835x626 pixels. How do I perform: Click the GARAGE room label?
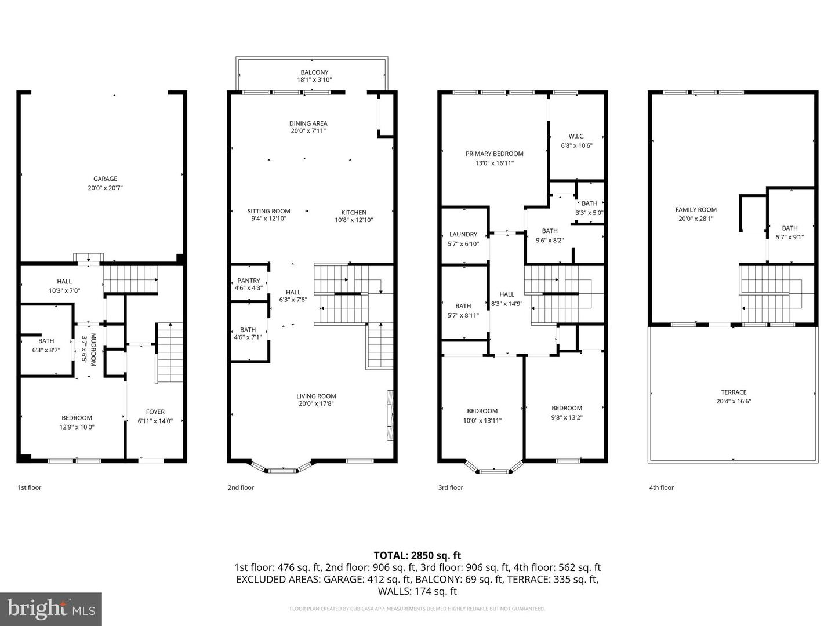[x=105, y=179]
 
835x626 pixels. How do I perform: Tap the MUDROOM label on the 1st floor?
[x=92, y=350]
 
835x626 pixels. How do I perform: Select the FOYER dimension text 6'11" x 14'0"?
[x=155, y=421]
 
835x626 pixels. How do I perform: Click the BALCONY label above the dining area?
[x=314, y=72]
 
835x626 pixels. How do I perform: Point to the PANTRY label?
[x=248, y=281]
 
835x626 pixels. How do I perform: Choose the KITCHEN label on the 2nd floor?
[x=353, y=213]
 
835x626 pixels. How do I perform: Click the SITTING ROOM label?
[x=268, y=212]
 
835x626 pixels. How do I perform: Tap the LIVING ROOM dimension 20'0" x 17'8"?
[x=316, y=404]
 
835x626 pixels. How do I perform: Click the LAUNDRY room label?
[x=463, y=235]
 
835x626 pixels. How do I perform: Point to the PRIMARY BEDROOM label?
[x=494, y=154]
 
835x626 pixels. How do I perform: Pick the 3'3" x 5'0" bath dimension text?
[x=589, y=213]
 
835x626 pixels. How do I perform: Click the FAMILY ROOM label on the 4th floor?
[x=696, y=210]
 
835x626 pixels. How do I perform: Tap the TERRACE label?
[x=734, y=392]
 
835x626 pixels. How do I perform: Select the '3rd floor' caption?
[x=451, y=487]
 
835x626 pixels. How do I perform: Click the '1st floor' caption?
[x=30, y=487]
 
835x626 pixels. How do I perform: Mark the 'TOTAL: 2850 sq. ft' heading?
[x=417, y=555]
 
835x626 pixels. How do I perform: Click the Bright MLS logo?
[x=51, y=609]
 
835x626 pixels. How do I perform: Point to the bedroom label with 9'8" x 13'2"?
[x=567, y=408]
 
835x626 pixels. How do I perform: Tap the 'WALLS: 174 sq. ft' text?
[x=417, y=591]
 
